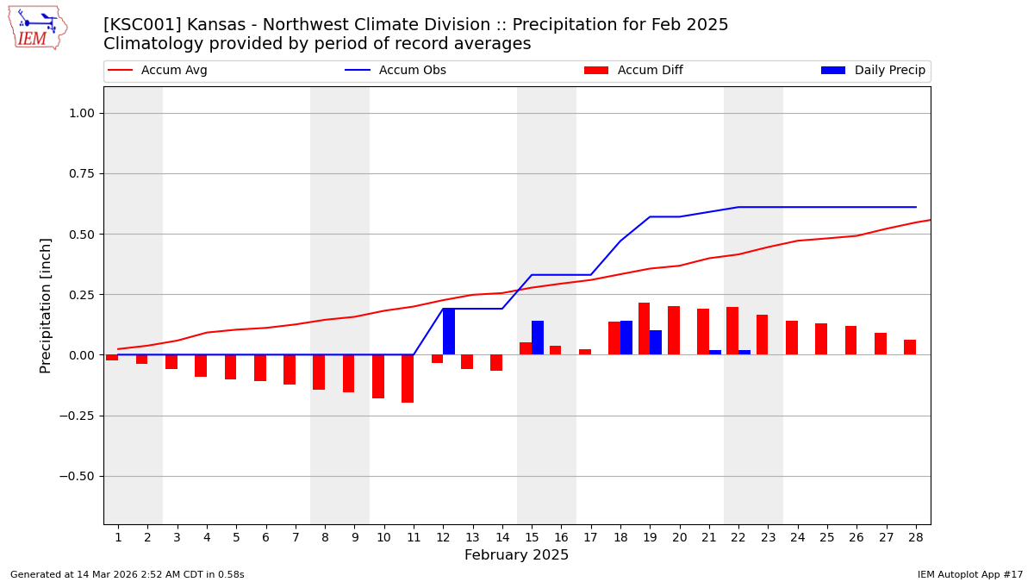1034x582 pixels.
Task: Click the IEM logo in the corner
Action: coord(38,28)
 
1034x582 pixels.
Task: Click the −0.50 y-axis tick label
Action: coord(82,476)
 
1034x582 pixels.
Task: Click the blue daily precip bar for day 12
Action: coord(449,331)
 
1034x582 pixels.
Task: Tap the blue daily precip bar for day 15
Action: coord(538,338)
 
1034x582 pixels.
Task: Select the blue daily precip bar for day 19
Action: coord(656,342)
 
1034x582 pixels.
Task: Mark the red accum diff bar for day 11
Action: coord(408,379)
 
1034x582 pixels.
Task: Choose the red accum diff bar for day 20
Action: coord(674,330)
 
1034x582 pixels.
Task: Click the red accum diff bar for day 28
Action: coord(910,347)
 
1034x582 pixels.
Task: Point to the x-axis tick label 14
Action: coord(502,538)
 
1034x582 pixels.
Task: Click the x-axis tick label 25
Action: coord(827,538)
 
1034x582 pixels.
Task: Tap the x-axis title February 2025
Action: coord(516,555)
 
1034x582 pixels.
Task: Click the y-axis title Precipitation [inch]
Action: coord(47,305)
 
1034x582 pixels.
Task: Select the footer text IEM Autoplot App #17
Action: coord(969,575)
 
